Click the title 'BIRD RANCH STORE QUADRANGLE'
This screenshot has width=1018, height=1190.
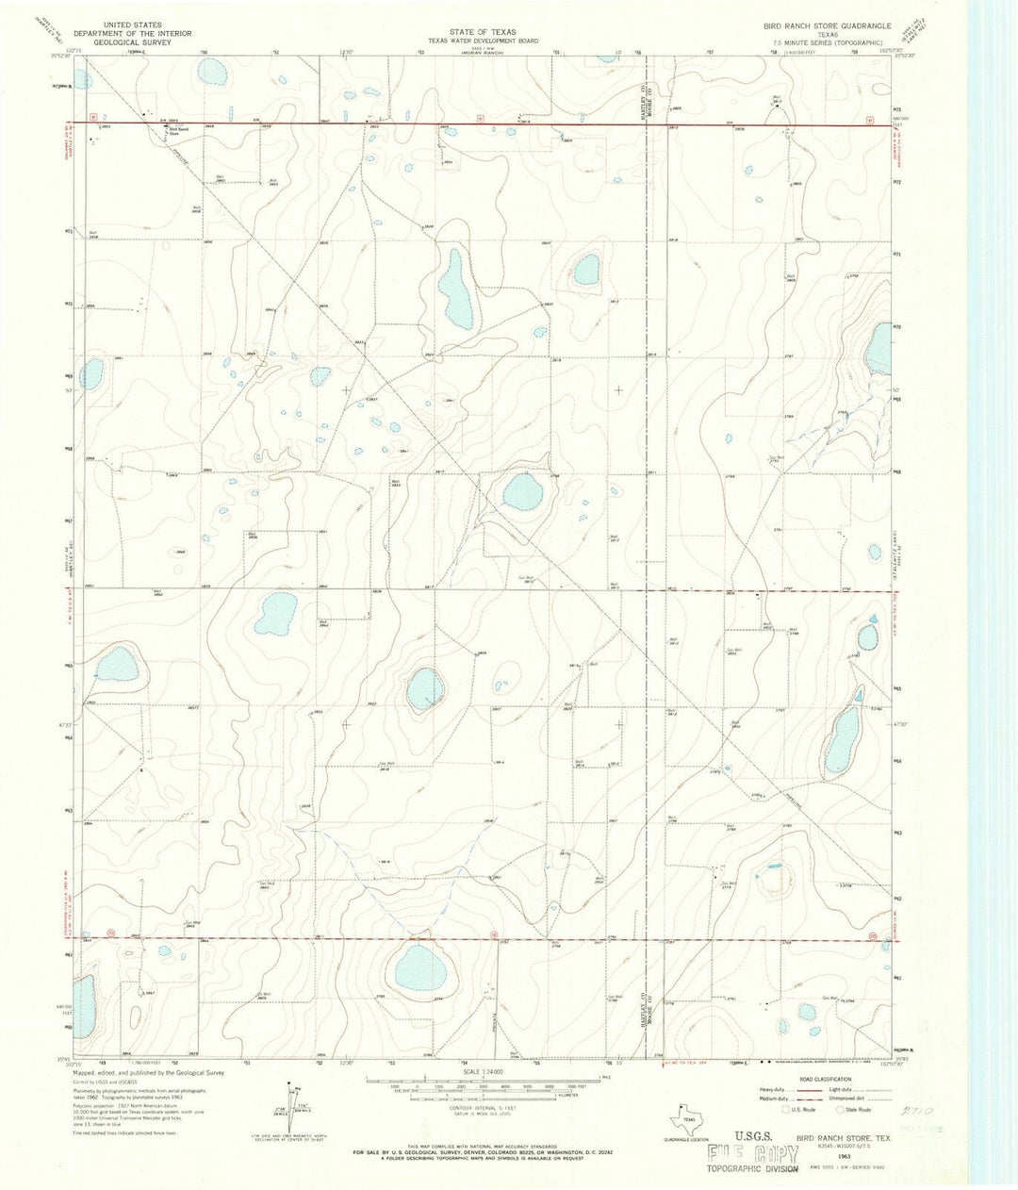(813, 26)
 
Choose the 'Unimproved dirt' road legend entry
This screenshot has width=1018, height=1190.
(853, 1098)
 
